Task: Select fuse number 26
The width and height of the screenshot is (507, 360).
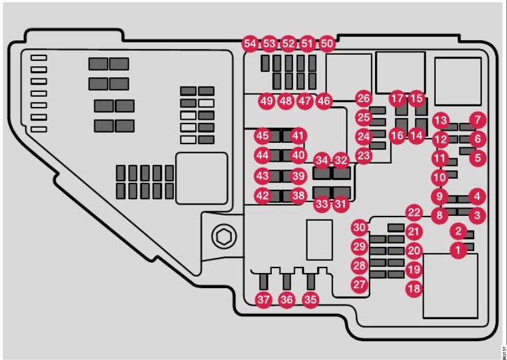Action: point(364,98)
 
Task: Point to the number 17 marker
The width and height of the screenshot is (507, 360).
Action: point(397,98)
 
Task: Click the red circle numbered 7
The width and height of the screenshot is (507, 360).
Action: point(478,120)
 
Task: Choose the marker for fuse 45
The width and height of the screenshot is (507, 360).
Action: point(262,135)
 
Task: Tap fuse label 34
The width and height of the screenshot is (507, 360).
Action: point(322,161)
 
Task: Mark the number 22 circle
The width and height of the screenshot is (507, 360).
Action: point(414,213)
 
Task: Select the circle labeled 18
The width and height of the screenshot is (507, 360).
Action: point(414,289)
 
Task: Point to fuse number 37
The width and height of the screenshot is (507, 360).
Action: point(263,299)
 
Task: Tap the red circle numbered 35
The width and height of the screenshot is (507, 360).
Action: point(311,299)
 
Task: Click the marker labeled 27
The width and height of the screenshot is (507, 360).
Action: point(360,283)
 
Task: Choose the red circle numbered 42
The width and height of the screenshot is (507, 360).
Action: point(262,196)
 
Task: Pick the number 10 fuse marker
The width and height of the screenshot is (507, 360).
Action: point(439,178)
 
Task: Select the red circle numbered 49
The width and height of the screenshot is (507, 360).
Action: point(266,101)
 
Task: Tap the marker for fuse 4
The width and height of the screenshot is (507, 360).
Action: point(478,196)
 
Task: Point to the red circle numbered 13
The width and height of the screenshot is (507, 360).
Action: point(441,120)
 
